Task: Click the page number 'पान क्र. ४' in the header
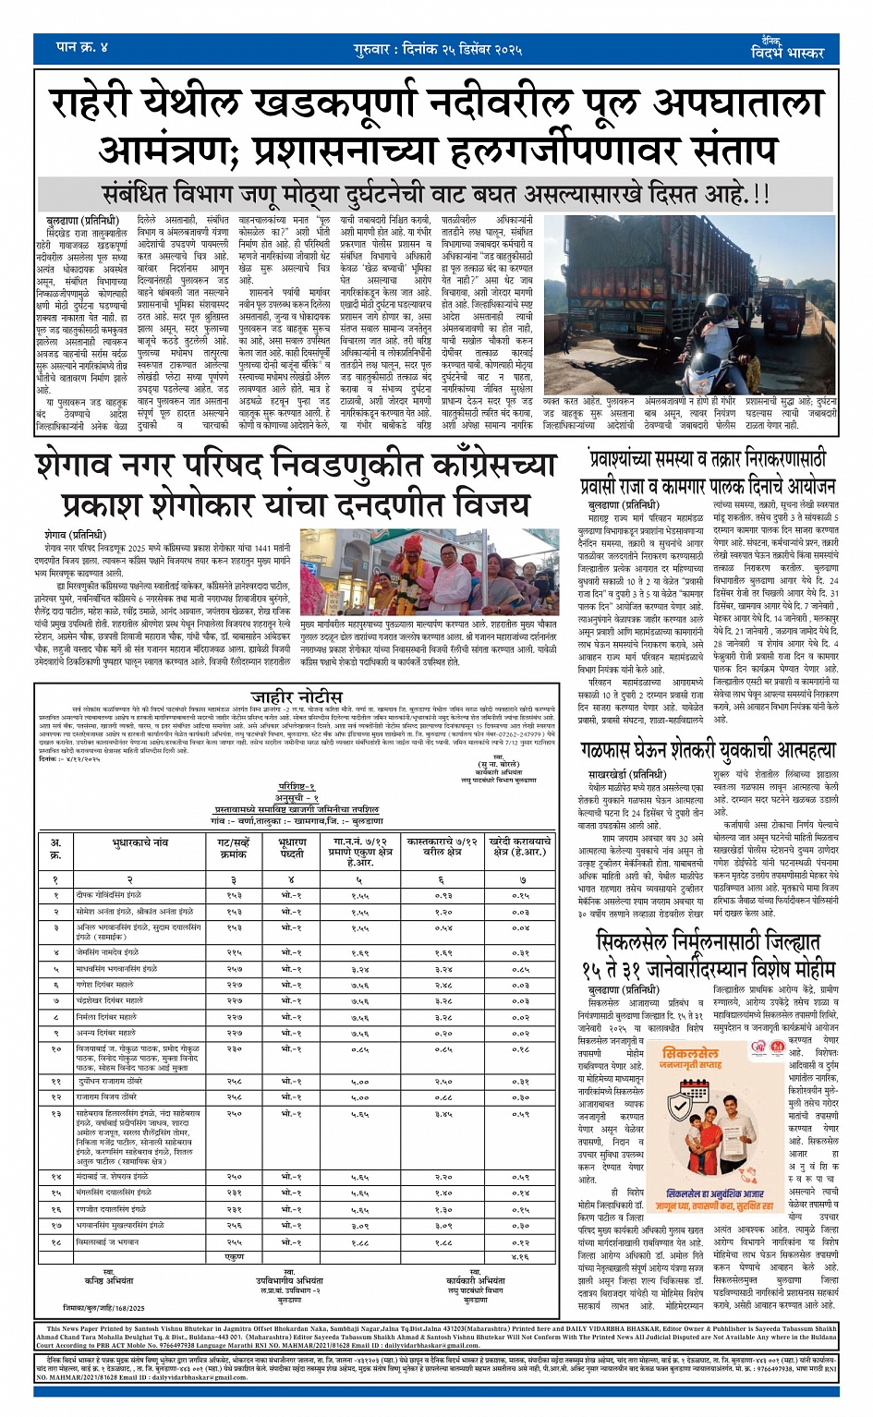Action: pyautogui.click(x=82, y=47)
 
